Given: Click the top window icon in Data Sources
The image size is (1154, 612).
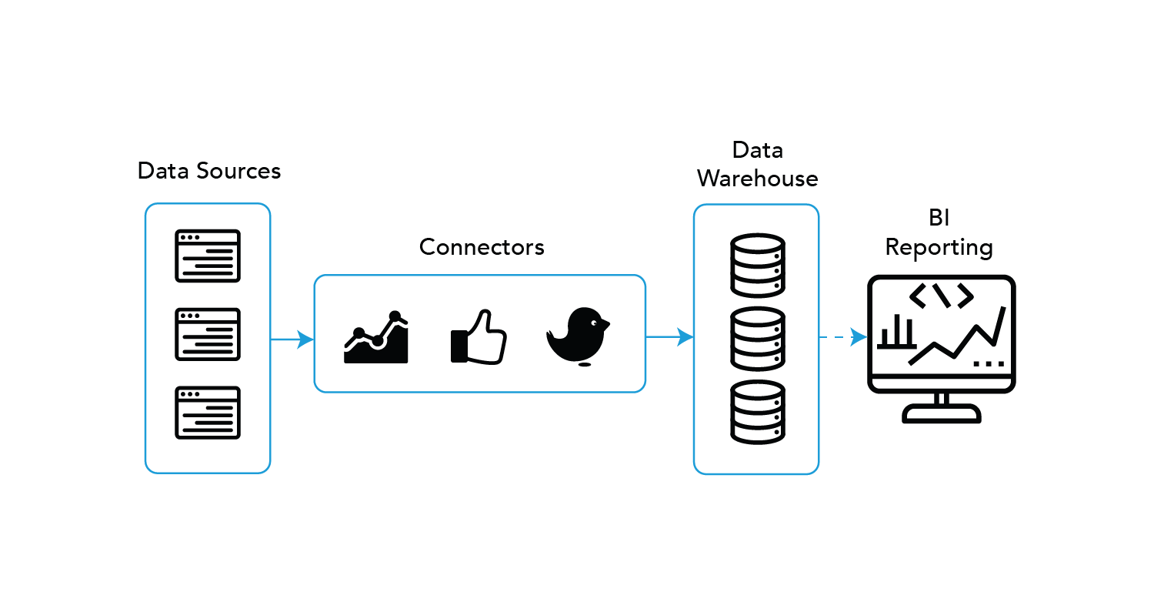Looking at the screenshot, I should point(208,256).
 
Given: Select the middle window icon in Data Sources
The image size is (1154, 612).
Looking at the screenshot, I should point(208,334).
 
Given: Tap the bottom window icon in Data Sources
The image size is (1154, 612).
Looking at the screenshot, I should point(208,413).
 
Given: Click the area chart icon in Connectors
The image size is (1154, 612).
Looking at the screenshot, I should point(376,338).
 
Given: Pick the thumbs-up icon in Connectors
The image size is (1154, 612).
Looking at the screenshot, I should point(478,337).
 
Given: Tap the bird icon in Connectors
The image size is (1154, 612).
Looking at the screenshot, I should point(579,336).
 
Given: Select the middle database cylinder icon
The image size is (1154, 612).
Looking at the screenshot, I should point(757,339).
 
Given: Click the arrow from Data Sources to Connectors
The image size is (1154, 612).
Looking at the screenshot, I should point(292,339).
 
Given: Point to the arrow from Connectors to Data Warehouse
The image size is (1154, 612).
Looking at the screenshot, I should point(670,336).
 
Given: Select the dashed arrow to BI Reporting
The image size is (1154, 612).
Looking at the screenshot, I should point(844,336).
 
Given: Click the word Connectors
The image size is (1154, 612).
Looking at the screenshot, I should point(482,247).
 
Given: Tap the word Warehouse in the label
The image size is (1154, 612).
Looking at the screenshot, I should point(757,179).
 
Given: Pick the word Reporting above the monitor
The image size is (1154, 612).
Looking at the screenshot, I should point(939,248).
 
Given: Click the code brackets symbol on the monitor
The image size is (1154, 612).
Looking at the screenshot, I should point(941,296).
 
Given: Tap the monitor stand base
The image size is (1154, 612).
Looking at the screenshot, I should point(942,416).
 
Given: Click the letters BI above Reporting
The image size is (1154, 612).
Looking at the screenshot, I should point(939,218).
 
